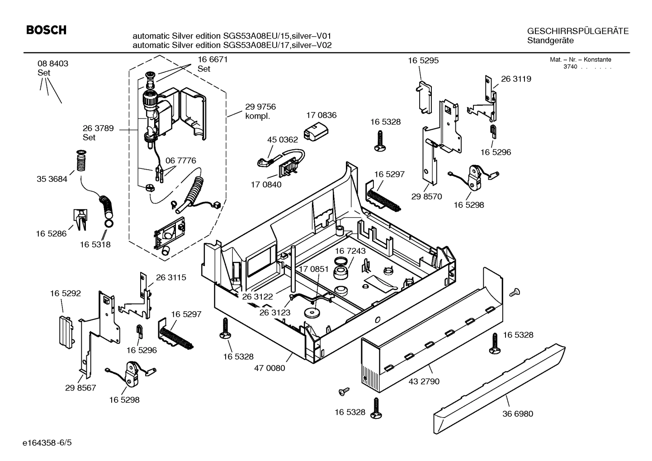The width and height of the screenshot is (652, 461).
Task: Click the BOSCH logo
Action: [x=46, y=30]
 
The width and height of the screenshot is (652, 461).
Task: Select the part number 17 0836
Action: [x=321, y=115]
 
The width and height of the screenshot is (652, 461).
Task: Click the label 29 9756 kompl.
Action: [x=260, y=111]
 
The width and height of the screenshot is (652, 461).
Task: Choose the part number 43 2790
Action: [x=424, y=381]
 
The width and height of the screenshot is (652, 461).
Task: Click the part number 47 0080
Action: [x=269, y=368]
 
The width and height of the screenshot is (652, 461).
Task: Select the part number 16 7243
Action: [x=350, y=251]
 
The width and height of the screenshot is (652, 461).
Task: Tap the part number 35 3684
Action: [x=52, y=179]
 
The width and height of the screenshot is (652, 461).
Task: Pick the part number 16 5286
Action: [x=51, y=233]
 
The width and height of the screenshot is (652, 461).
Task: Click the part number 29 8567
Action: [x=80, y=388]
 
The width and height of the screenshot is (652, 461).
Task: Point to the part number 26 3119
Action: [x=516, y=79]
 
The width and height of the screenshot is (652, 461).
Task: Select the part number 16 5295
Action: [x=423, y=60]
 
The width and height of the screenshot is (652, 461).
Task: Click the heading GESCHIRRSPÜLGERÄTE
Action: [x=577, y=31]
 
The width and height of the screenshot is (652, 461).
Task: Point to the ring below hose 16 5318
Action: [x=109, y=224]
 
